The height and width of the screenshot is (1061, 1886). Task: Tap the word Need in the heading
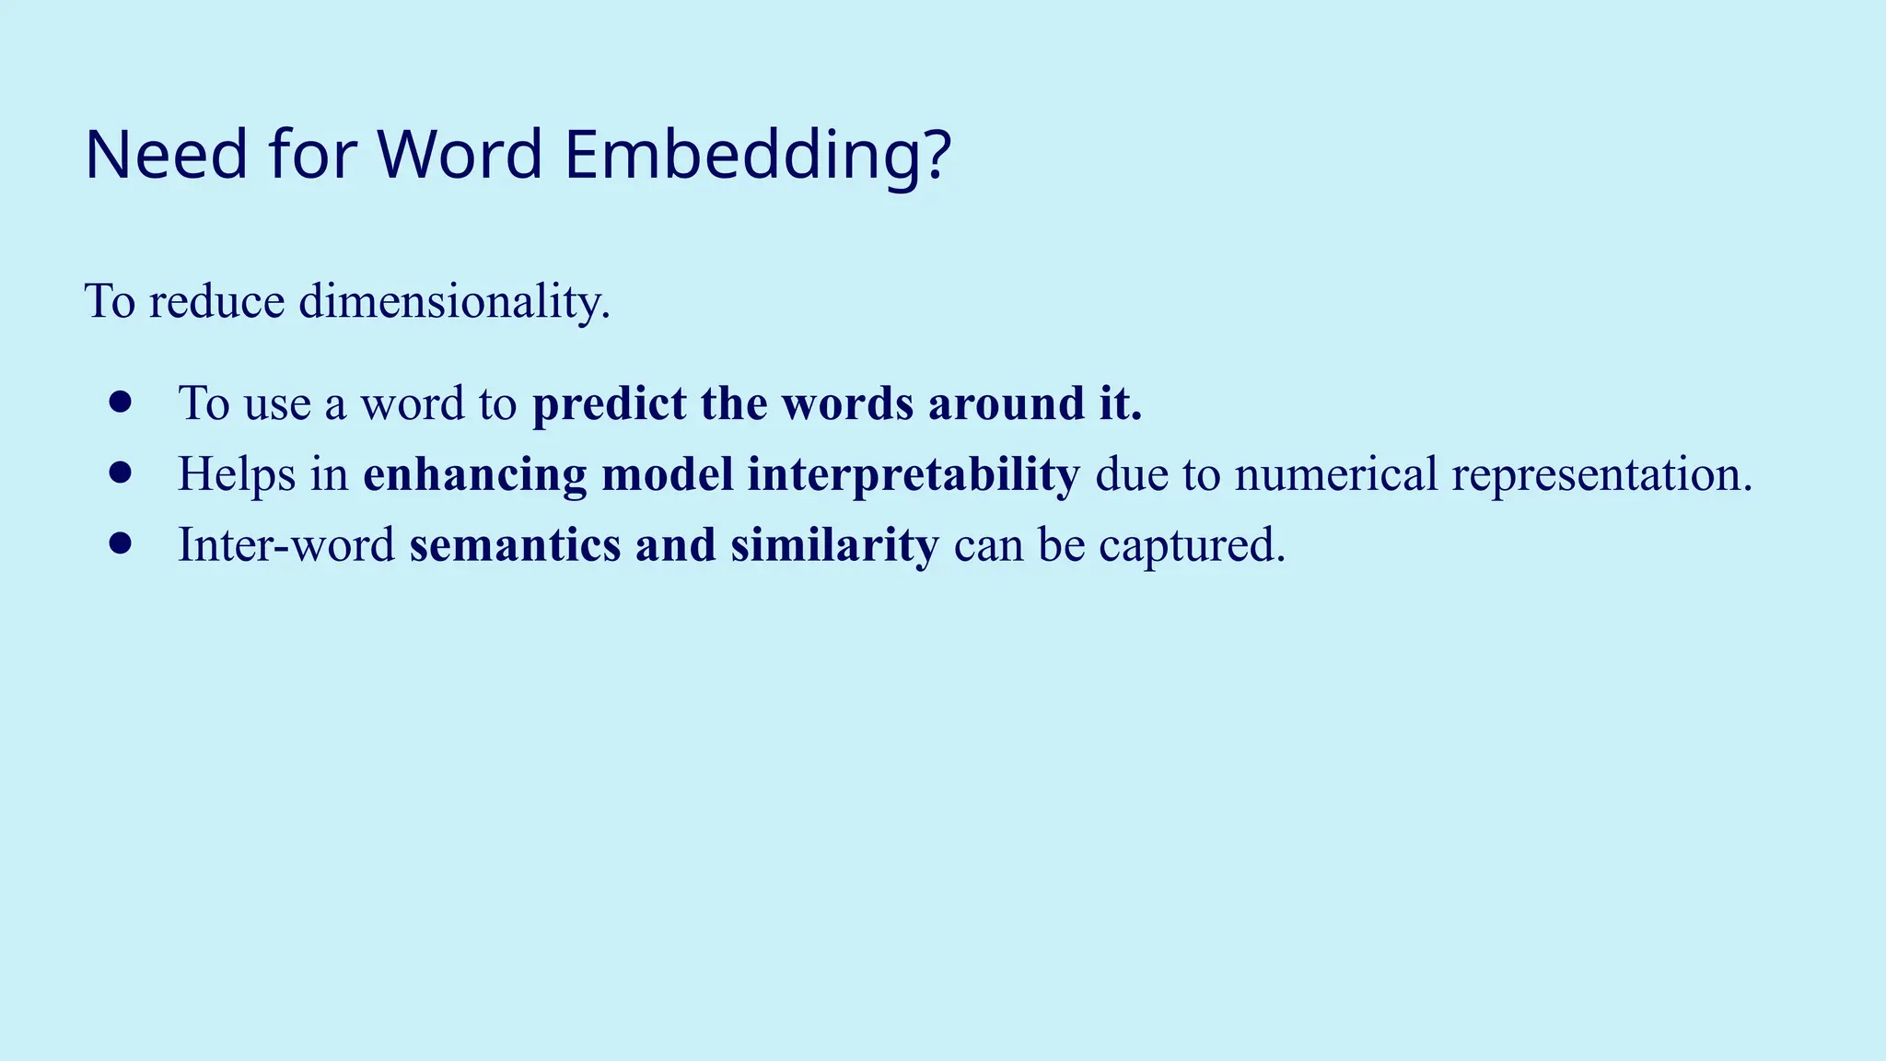click(166, 155)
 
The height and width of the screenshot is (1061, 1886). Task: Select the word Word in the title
click(460, 155)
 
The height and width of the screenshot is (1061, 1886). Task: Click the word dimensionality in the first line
click(454, 301)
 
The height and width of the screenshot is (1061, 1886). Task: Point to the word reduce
click(216, 301)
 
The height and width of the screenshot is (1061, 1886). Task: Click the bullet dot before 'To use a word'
click(120, 402)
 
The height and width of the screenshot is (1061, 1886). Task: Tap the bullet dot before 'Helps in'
click(120, 472)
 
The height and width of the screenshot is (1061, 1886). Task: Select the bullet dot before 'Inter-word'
click(120, 543)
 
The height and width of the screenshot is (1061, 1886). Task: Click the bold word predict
click(610, 403)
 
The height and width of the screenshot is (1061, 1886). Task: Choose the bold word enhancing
click(474, 474)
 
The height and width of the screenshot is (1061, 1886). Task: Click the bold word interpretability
click(913, 474)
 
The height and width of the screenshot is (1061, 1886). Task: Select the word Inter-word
click(285, 544)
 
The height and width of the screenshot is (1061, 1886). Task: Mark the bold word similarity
click(834, 544)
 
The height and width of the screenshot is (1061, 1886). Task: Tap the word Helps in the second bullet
click(236, 474)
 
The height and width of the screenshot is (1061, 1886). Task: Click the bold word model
click(667, 474)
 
